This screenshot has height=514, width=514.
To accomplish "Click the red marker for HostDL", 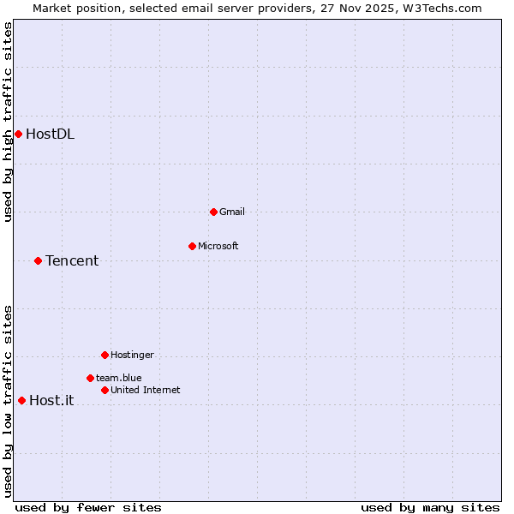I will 18,134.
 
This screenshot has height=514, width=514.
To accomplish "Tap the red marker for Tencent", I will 38,260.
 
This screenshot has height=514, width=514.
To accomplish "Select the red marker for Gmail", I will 213,212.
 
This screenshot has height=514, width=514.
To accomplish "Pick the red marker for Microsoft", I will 192,246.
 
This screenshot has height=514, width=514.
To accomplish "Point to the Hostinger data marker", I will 105,355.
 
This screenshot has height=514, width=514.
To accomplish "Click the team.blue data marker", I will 90,378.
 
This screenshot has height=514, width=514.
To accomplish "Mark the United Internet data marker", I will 105,390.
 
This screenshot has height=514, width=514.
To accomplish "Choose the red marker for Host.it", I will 21,400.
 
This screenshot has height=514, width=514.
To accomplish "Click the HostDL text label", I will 50,134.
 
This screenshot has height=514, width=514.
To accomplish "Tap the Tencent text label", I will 72,260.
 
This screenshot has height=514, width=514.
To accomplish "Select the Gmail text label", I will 232,212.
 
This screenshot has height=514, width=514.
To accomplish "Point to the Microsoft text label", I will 218,246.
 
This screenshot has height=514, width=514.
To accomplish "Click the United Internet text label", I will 146,390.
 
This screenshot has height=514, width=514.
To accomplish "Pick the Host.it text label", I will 51,400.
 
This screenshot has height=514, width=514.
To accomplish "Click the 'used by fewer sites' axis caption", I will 88,507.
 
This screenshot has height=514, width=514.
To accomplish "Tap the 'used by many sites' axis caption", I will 430,507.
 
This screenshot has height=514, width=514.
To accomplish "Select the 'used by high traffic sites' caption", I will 9,122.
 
